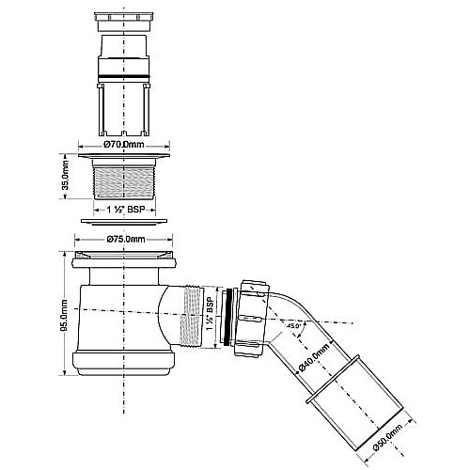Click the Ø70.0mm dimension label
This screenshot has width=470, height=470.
click(x=123, y=147)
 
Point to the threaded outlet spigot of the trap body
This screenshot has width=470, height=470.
click(x=192, y=316)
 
